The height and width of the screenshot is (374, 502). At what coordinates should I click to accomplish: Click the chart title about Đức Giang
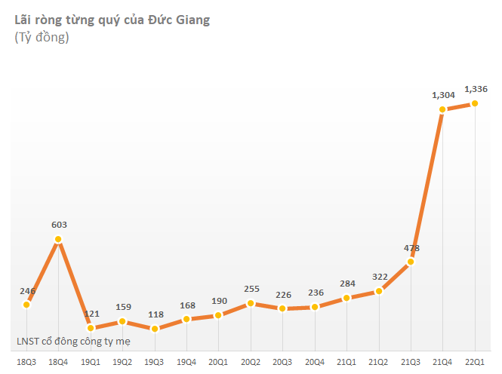point(112,20)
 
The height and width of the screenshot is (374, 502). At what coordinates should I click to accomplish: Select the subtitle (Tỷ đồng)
point(42,38)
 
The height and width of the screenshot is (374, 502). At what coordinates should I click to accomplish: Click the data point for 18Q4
point(58,240)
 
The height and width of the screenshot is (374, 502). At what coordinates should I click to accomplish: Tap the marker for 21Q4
point(442,110)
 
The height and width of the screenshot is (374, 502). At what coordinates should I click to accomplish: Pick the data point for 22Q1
point(475,104)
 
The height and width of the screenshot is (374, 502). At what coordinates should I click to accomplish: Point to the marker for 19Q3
point(154,329)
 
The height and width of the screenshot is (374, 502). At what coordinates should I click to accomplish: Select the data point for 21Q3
point(411,262)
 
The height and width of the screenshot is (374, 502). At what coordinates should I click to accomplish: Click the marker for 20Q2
point(251,304)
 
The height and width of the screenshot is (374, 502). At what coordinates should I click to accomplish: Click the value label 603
point(58,224)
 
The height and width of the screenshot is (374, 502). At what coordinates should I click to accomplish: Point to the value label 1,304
point(444,95)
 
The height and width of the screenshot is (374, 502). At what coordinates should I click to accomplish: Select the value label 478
point(412,248)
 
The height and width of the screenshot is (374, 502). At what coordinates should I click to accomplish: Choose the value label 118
point(154,314)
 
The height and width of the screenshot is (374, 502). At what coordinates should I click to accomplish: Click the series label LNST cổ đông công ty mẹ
point(73,341)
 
